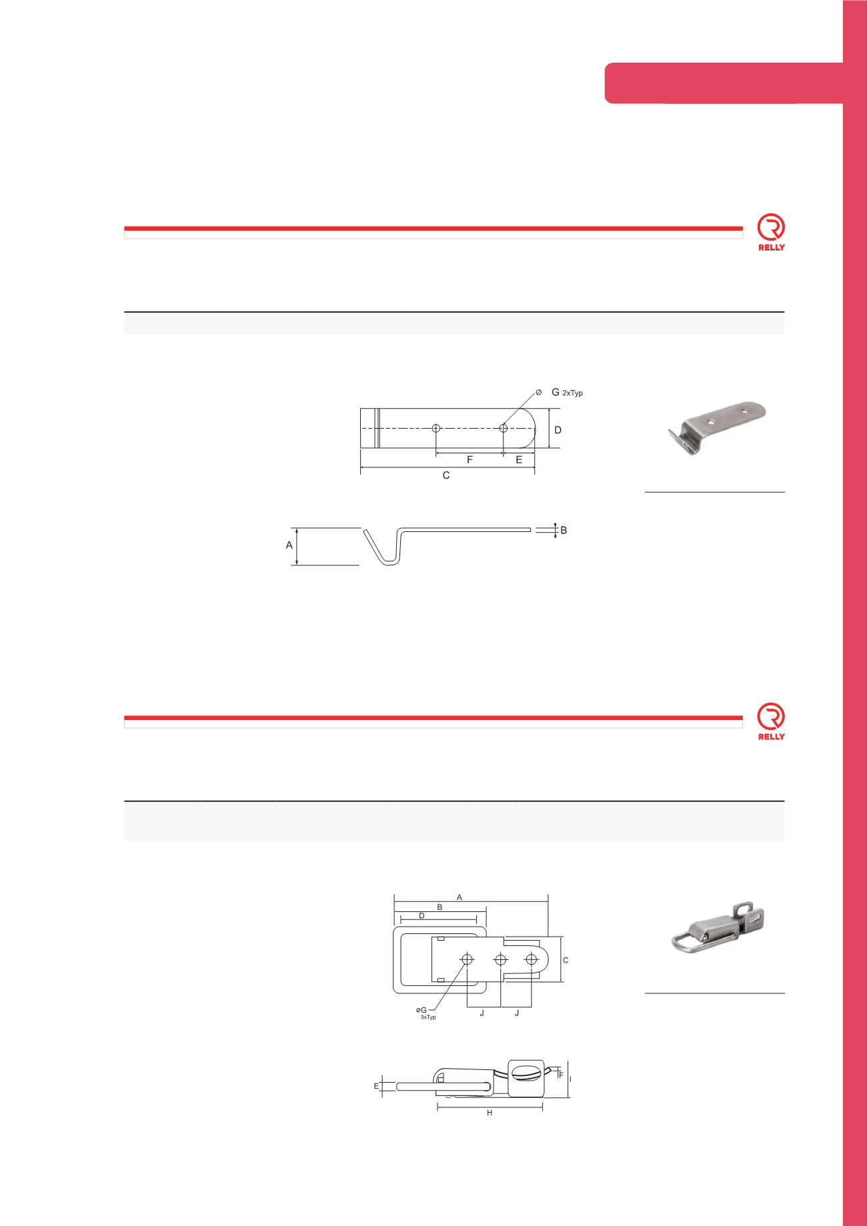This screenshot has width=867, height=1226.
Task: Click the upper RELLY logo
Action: (x=771, y=233)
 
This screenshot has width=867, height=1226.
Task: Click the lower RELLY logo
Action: (x=771, y=723)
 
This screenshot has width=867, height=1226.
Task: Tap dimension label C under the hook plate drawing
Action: (x=446, y=475)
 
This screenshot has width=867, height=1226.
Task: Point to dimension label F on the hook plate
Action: (x=470, y=460)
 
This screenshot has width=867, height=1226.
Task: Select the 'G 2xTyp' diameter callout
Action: (x=566, y=393)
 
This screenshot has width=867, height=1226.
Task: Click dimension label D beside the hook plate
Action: (x=558, y=430)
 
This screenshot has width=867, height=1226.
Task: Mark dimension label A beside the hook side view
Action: (x=289, y=545)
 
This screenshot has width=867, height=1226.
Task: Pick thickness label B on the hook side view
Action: (x=564, y=531)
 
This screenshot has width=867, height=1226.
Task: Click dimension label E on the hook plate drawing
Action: (x=519, y=460)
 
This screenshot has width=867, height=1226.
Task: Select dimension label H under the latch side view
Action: (x=490, y=1113)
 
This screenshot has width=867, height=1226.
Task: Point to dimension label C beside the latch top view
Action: (x=566, y=960)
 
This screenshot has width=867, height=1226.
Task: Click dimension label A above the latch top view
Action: (x=460, y=897)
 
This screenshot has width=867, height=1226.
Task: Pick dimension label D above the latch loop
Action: (x=421, y=916)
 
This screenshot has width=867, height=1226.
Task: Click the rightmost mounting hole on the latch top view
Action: (x=532, y=959)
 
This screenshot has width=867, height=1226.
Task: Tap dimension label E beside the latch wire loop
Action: (x=376, y=1086)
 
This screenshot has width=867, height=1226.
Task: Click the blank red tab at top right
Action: (x=723, y=83)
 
